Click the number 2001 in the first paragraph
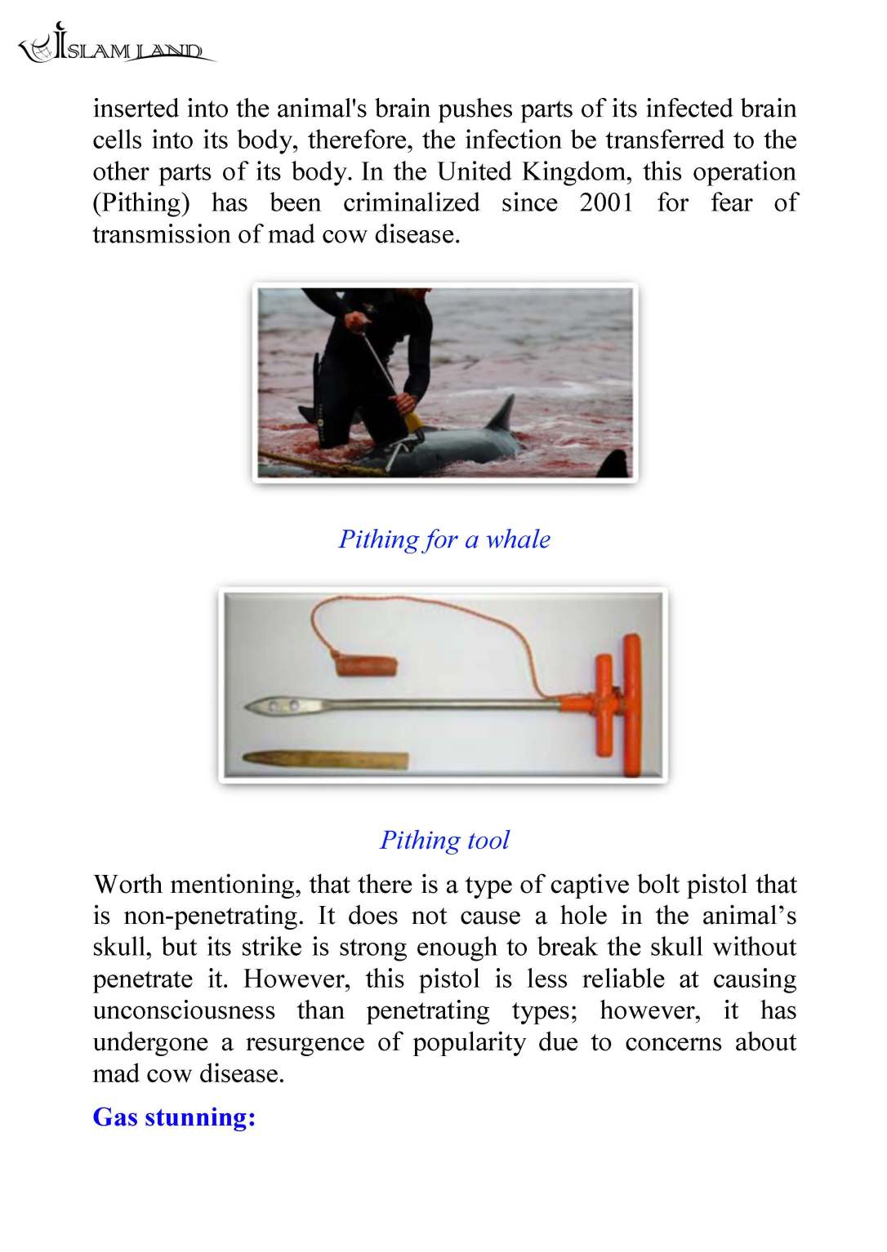[607, 202]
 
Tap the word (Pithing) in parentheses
[141, 203]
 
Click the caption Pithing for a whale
[444, 539]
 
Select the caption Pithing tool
[444, 840]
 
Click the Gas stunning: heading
[174, 1117]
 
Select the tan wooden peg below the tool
[327, 760]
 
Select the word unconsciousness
[184, 1010]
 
